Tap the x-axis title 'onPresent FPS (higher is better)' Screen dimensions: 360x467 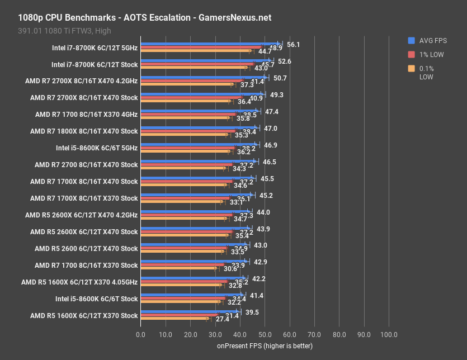point(265,346)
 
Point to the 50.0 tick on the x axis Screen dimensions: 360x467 point(265,334)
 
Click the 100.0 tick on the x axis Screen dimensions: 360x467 point(389,334)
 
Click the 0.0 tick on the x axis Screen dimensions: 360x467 point(140,334)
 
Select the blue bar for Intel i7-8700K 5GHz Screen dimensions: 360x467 point(210,43)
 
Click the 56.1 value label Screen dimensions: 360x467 point(294,45)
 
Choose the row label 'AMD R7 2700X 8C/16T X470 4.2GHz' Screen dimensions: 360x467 point(81,81)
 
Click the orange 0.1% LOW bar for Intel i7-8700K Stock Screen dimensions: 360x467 point(194,68)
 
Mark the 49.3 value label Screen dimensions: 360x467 point(277,95)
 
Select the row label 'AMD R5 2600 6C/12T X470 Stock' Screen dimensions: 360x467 point(86,249)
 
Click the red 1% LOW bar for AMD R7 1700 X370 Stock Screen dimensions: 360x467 point(182,265)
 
